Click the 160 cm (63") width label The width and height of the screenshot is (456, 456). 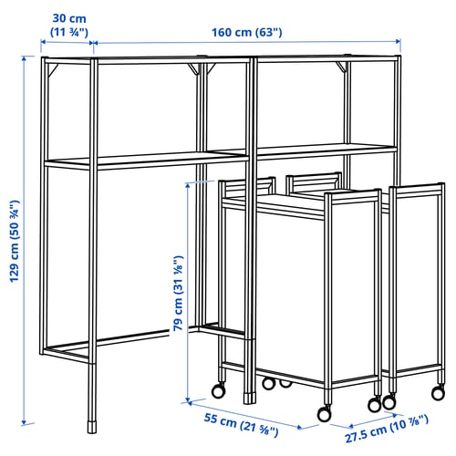(247, 32)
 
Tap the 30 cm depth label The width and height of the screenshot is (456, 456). (69, 18)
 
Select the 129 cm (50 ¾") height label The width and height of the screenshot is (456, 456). (15, 241)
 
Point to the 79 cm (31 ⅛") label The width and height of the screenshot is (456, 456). (178, 294)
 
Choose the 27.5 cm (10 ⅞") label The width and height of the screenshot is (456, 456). (387, 429)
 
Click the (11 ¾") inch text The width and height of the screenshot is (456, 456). (69, 32)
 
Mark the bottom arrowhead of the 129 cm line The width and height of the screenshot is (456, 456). (24, 421)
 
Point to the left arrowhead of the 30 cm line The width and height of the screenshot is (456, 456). (44, 42)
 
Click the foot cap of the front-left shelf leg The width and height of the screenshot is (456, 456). (92, 427)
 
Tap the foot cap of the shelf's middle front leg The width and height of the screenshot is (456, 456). (248, 399)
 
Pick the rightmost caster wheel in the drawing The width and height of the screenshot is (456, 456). (438, 393)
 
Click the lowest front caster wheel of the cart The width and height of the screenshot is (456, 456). (324, 414)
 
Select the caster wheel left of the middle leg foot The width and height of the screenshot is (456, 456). (218, 390)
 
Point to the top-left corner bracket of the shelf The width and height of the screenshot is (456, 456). (52, 69)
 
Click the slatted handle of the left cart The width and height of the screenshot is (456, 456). (247, 186)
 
